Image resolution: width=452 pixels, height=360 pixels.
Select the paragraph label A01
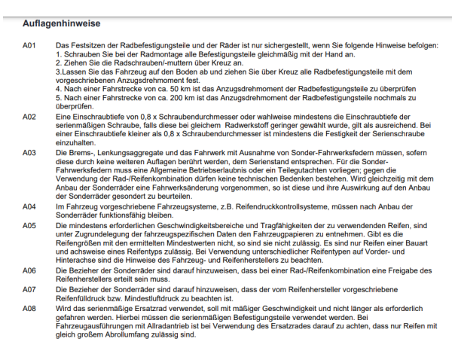(x=29, y=46)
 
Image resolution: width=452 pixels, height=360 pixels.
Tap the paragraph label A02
(x=29, y=117)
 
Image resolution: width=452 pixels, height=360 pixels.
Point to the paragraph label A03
(x=29, y=153)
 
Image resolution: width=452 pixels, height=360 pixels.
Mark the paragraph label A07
(x=29, y=288)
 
